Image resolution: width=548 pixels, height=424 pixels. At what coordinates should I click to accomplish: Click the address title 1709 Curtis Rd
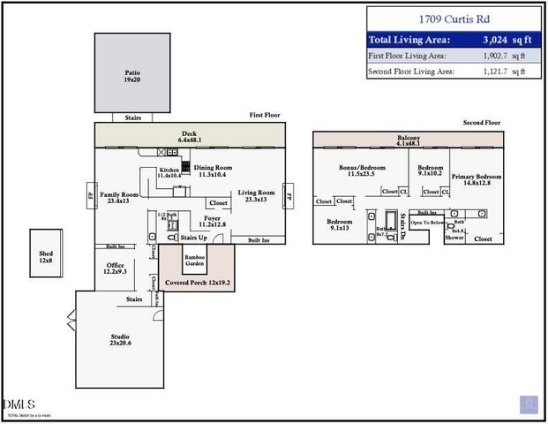[454, 19]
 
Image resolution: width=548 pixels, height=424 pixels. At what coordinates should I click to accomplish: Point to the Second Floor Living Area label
[411, 71]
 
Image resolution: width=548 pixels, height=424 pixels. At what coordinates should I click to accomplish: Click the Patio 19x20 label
[132, 77]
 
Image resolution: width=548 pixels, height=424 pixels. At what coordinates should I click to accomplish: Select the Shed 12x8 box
[46, 255]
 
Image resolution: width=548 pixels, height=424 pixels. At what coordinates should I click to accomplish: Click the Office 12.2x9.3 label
[115, 268]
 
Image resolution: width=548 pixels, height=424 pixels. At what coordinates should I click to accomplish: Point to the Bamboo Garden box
[195, 261]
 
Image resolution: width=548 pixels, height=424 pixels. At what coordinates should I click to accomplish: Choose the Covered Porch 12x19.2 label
[195, 283]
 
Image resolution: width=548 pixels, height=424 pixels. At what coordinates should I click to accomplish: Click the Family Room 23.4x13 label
[118, 197]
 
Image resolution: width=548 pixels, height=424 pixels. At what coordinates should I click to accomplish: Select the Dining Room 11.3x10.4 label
[213, 170]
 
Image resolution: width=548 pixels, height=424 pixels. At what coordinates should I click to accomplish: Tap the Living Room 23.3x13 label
[257, 195]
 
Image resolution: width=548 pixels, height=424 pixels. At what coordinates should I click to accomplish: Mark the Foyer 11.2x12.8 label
[212, 221]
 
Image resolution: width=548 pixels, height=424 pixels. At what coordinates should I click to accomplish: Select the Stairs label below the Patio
[132, 117]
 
